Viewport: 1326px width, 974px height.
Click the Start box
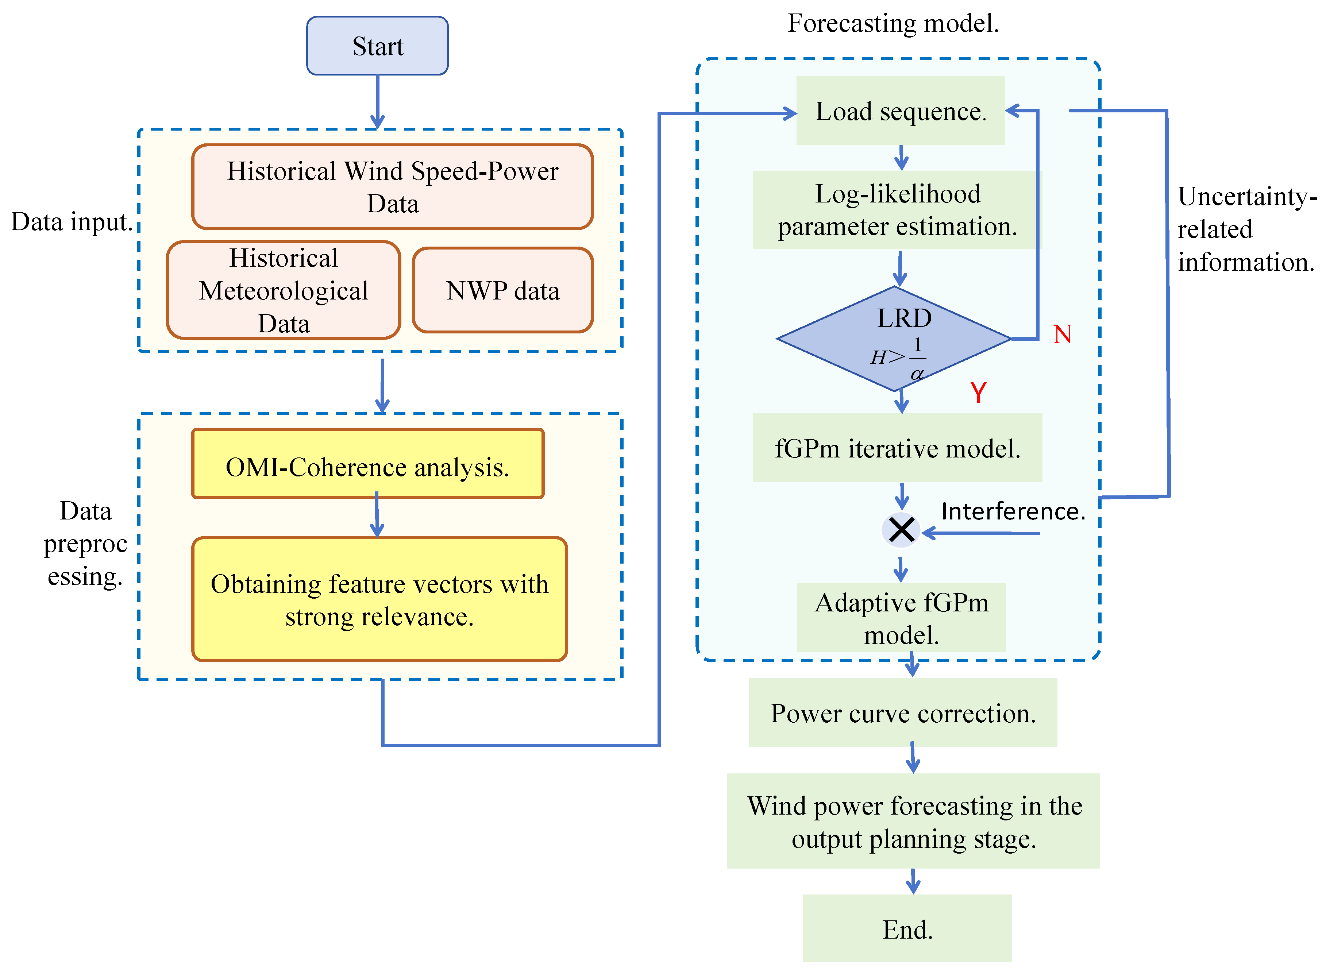click(377, 46)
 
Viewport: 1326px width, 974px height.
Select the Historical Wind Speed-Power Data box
click(392, 186)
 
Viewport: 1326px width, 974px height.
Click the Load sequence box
click(900, 111)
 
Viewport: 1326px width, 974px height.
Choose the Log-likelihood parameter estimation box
click(897, 210)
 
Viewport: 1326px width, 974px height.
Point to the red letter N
click(1062, 334)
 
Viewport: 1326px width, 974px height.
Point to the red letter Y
click(978, 392)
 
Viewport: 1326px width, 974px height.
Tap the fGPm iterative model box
click(897, 448)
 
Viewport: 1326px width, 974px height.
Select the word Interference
click(1012, 511)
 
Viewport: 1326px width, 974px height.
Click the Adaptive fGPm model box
click(901, 617)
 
